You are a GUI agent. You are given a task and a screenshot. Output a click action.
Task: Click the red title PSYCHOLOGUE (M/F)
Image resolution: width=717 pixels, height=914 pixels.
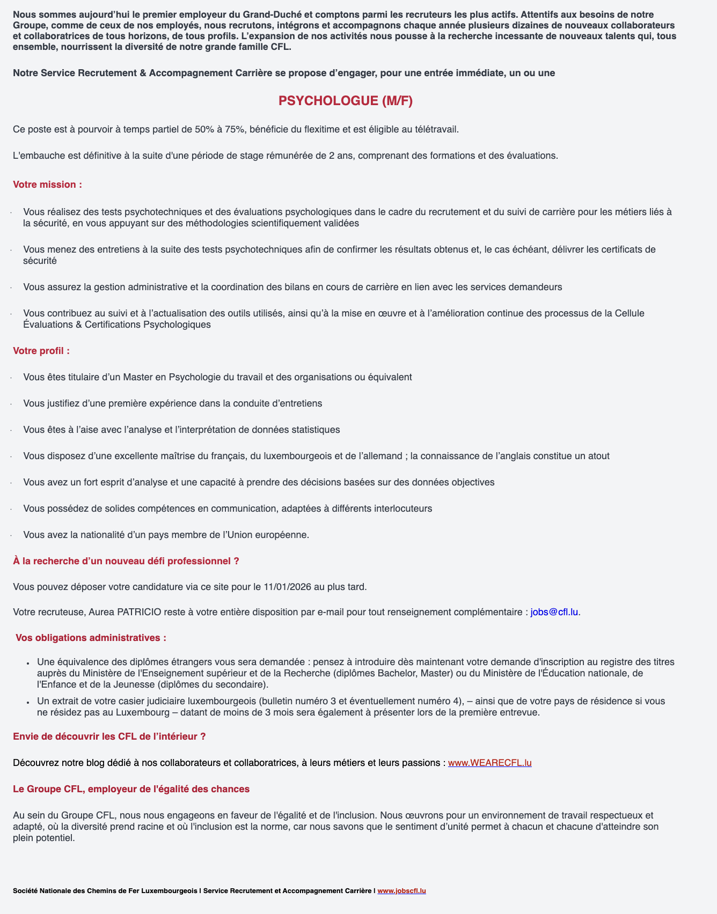tap(346, 101)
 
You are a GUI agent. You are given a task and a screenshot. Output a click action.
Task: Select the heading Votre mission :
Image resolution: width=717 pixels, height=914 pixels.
tap(47, 185)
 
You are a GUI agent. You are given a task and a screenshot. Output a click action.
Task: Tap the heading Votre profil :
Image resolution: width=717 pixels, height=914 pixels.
tap(41, 351)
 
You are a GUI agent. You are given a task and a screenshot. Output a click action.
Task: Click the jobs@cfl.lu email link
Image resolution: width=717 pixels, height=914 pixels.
tap(554, 612)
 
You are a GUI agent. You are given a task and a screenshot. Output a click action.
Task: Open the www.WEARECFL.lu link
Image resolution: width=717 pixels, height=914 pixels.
tap(489, 763)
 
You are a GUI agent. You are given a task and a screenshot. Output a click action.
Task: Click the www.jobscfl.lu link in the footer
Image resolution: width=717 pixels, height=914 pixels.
tap(401, 891)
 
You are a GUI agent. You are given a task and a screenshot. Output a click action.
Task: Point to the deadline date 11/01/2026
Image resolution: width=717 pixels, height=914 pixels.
tap(288, 586)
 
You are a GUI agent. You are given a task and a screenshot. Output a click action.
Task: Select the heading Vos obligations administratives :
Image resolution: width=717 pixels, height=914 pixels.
tap(91, 638)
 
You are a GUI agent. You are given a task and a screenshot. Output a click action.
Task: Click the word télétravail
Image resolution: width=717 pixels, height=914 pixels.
tap(432, 129)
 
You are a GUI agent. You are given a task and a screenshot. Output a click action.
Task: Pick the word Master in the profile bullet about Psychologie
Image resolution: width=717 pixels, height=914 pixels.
tap(138, 377)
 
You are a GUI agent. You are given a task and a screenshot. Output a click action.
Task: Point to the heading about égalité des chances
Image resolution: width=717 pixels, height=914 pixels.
tap(131, 789)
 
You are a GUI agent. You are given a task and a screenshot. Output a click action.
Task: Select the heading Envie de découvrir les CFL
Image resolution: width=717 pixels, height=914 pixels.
tap(109, 736)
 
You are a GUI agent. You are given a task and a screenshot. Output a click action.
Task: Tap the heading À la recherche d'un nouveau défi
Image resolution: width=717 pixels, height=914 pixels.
tap(126, 561)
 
